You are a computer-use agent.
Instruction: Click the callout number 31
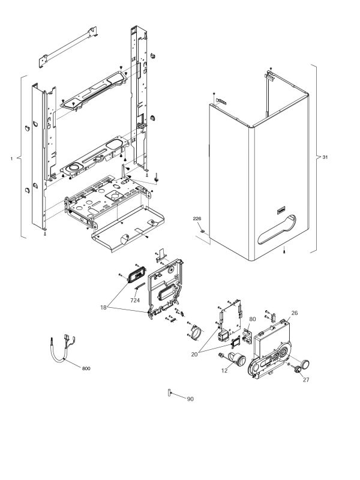(325, 157)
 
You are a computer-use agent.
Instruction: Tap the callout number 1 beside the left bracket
(11, 158)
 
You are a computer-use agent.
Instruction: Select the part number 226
(197, 218)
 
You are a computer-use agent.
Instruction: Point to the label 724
(135, 301)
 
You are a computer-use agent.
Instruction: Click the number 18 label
(103, 307)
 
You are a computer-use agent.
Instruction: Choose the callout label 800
(86, 368)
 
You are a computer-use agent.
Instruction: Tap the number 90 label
(190, 399)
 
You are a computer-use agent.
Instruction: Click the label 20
(194, 354)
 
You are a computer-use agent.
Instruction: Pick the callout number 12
(224, 371)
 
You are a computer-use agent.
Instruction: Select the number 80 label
(253, 319)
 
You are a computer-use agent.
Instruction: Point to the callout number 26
(294, 313)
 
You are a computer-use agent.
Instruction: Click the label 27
(306, 380)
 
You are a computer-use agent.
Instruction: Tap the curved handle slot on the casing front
(277, 230)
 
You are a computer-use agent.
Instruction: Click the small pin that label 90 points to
(169, 392)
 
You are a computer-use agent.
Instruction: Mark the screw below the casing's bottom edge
(284, 251)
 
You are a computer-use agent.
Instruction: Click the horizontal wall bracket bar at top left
(68, 47)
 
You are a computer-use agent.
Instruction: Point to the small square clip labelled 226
(202, 230)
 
